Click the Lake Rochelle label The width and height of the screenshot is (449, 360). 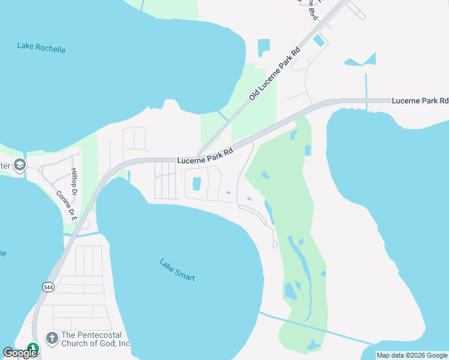[x=41, y=47]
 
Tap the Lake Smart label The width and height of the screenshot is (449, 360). [x=177, y=270]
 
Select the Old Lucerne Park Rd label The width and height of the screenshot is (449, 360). [x=274, y=75]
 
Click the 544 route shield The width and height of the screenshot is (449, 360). [x=48, y=287]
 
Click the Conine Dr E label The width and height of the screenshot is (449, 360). [x=67, y=206]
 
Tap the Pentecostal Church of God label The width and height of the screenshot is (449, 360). [x=95, y=339]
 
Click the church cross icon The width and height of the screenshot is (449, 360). [x=52, y=339]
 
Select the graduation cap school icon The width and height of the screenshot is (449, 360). [x=20, y=166]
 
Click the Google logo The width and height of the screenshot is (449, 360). [x=20, y=353]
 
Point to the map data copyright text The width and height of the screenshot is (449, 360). [x=412, y=355]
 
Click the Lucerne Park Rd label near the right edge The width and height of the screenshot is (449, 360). [x=420, y=100]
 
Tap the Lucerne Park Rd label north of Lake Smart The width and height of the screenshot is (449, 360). [x=205, y=157]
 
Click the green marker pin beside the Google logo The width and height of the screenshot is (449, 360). [x=32, y=348]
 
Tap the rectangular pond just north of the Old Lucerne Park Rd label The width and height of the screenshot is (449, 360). [x=263, y=48]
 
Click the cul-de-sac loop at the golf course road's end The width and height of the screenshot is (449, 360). [x=275, y=244]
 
